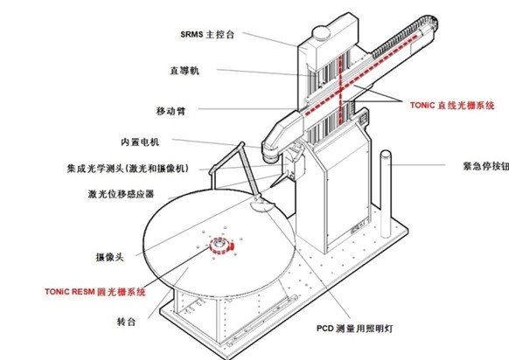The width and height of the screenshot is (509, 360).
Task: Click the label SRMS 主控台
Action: pyautogui.click(x=207, y=34)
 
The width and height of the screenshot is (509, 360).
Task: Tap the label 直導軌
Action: pyautogui.click(x=185, y=71)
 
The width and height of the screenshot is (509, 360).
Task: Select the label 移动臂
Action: pyautogui.click(x=171, y=111)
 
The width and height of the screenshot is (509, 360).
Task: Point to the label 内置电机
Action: pyautogui.click(x=140, y=142)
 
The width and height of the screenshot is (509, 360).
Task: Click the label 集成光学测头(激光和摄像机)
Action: pyautogui.click(x=128, y=169)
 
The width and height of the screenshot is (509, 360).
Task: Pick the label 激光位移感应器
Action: pyautogui.click(x=121, y=194)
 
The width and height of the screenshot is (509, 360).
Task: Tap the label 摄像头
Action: pyautogui.click(x=109, y=257)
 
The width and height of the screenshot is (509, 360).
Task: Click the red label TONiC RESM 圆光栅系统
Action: pyautogui.click(x=95, y=292)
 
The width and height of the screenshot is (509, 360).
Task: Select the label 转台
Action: pyautogui.click(x=126, y=322)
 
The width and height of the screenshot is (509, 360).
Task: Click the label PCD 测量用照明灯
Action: pyautogui.click(x=355, y=329)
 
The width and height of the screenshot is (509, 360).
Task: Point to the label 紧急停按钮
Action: pyautogui.click(x=486, y=166)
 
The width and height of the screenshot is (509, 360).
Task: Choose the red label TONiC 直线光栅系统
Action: pyautogui.click(x=452, y=106)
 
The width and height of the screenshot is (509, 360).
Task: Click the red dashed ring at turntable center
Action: pyautogui.click(x=221, y=246)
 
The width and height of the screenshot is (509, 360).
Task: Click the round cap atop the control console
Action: pyautogui.click(x=321, y=32)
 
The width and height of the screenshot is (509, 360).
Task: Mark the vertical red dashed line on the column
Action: pyautogui.click(x=340, y=90)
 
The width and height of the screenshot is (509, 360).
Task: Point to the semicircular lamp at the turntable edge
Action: pyautogui.click(x=262, y=205)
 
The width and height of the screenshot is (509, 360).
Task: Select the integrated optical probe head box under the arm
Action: pyautogui.click(x=295, y=165)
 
